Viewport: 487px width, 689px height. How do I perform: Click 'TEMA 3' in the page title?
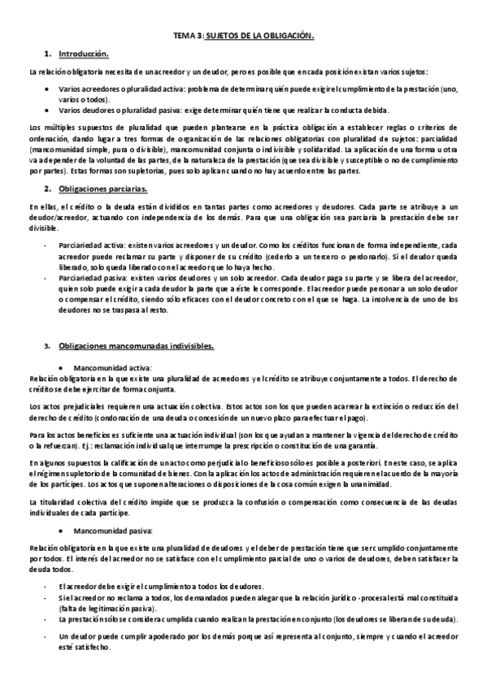186,37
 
